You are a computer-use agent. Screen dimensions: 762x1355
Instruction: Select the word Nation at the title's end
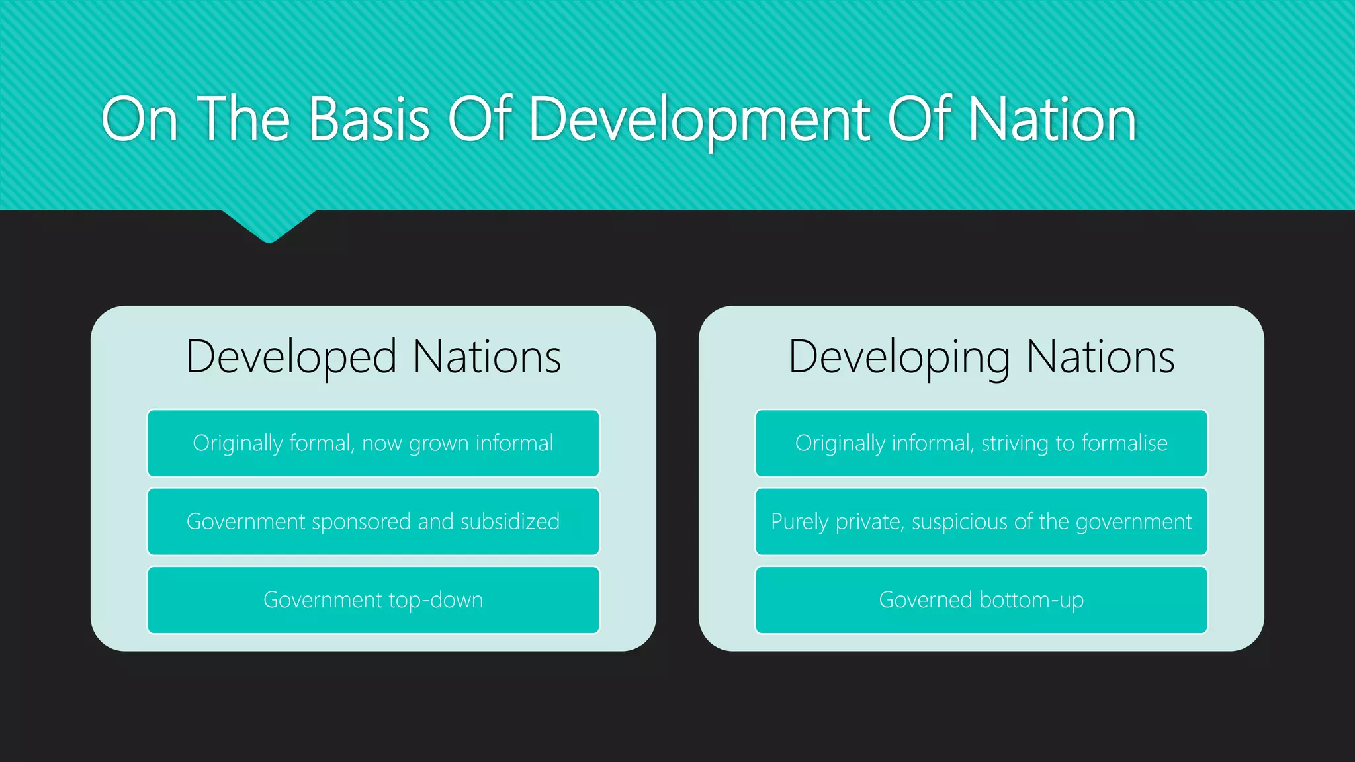point(1052,120)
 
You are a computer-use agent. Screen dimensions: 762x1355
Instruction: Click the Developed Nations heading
point(373,357)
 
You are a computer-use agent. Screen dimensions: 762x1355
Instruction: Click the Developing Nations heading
point(981,357)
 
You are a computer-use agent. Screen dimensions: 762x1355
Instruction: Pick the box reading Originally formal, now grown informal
point(373,443)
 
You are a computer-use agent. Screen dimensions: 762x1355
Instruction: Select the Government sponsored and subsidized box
point(373,521)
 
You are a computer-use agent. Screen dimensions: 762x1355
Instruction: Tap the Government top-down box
point(373,600)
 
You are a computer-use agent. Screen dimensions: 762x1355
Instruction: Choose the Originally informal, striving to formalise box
point(981,443)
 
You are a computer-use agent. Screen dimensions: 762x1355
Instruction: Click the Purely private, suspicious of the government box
point(981,521)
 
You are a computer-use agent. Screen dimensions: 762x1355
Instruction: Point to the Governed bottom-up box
point(981,600)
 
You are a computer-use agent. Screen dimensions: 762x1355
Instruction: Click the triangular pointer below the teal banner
point(269,225)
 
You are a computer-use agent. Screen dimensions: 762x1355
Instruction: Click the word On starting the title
point(140,120)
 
